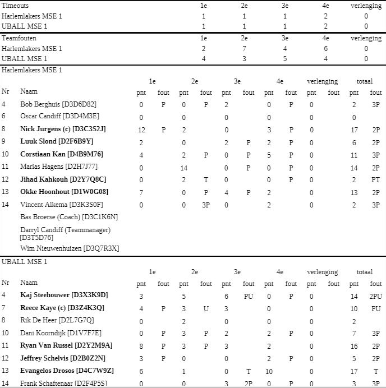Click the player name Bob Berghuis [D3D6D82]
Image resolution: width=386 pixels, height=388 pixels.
tap(58, 104)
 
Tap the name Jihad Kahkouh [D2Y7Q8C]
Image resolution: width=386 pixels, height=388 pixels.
tap(63, 179)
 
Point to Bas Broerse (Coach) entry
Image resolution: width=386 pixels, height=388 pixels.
tap(69, 216)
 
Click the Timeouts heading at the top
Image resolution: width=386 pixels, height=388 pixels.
tap(15, 6)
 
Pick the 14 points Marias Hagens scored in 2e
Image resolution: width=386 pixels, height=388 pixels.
tap(183, 167)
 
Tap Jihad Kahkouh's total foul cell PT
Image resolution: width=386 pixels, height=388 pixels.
tap(375, 179)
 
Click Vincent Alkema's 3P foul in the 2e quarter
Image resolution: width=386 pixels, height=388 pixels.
tap(206, 205)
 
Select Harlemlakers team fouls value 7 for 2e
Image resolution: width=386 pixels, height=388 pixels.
tap(244, 49)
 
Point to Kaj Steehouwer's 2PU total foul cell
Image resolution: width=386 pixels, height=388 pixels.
tap(375, 296)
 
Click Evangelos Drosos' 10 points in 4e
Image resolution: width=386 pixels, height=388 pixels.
tap(269, 371)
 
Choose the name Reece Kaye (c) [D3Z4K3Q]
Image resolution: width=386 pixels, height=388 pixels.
tap(62, 308)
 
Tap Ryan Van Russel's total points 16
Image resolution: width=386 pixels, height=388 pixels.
tap(354, 346)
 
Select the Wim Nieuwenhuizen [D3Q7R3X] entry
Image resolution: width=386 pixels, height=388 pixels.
tap(70, 248)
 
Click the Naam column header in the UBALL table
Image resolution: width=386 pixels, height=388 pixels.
tap(29, 283)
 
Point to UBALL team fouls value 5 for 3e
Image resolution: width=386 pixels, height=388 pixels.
tap(284, 59)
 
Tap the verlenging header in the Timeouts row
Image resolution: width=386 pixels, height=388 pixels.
tap(366, 6)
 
